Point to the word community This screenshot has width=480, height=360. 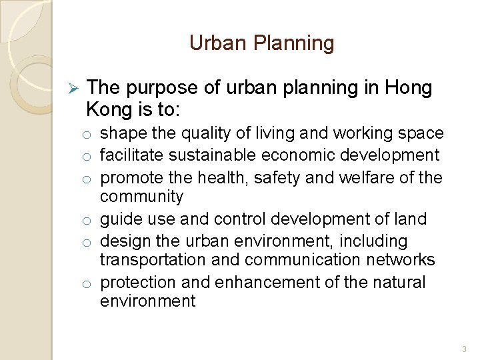click(x=141, y=197)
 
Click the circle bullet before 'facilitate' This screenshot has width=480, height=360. click(x=87, y=157)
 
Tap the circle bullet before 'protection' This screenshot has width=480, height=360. click(x=87, y=283)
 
